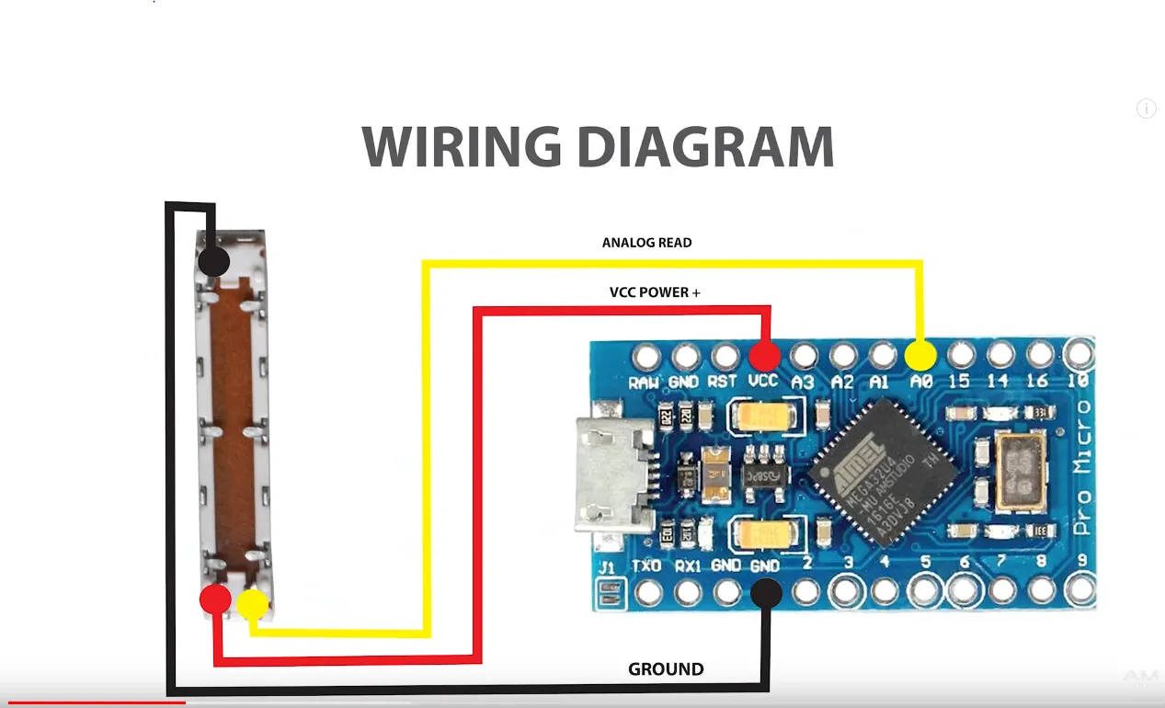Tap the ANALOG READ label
646,243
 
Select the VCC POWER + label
655,292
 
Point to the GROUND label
666,669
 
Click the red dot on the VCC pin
764,355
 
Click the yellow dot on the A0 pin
921,355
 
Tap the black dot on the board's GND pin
766,594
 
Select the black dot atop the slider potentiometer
213,260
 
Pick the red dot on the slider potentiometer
215,600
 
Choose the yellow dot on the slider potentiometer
252,604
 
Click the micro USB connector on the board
611,474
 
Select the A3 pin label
804,381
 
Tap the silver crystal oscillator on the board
1021,473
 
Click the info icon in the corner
1146,108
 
